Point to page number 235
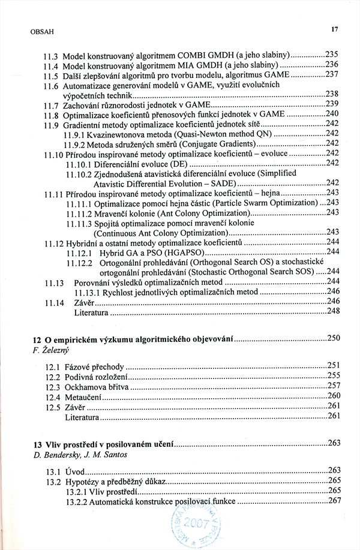click(332, 53)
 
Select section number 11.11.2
click(78, 213)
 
